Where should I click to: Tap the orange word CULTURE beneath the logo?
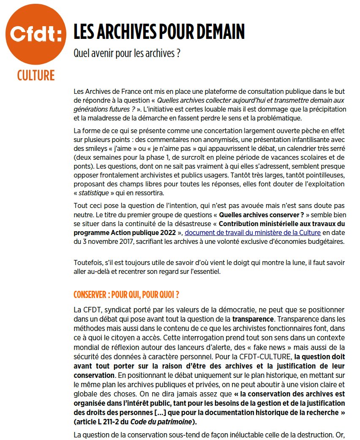click(x=36, y=76)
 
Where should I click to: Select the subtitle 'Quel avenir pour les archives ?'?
click(x=127, y=54)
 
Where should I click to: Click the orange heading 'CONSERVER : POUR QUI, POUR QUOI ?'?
click(x=126, y=294)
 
